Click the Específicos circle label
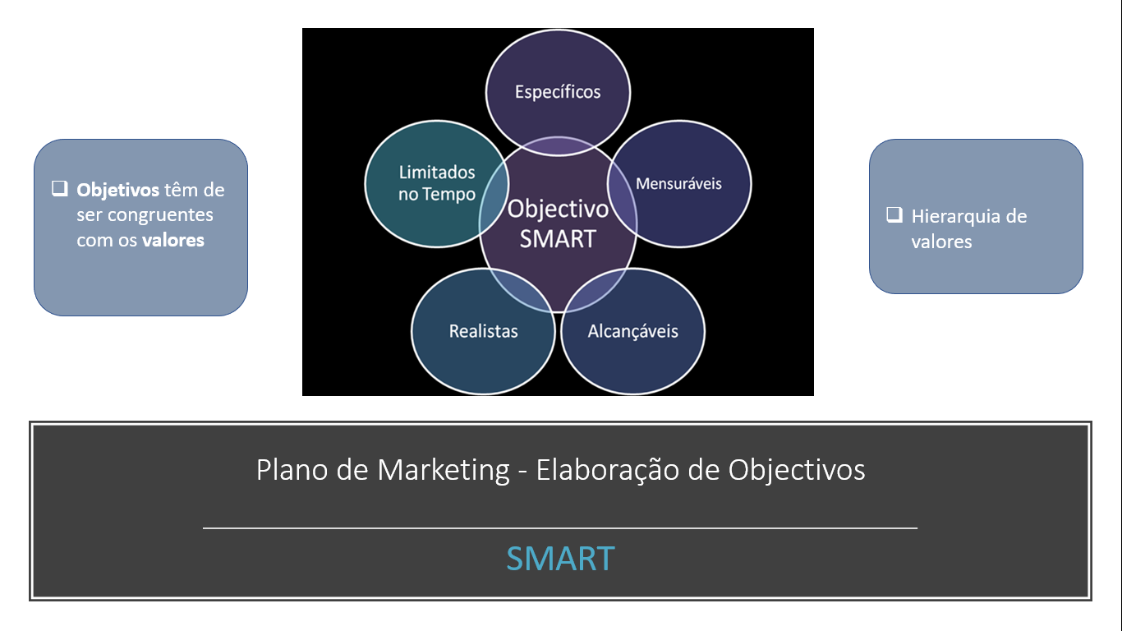point(558,92)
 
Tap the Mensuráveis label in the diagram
point(678,183)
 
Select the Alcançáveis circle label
point(632,331)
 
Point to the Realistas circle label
point(483,331)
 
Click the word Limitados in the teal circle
point(437,173)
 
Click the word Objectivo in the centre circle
point(558,210)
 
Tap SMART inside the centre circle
point(558,238)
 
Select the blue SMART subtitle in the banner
point(560,559)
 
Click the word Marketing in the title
point(444,471)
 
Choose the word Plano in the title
point(292,470)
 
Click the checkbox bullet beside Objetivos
point(60,188)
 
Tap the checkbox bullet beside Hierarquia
point(894,214)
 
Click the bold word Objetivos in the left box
point(117,190)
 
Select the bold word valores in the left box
point(172,240)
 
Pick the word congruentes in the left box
point(160,215)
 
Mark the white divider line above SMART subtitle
point(560,527)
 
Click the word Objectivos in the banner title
point(797,471)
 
